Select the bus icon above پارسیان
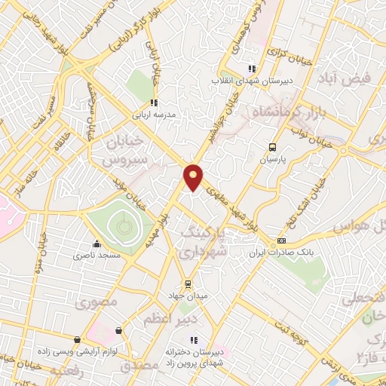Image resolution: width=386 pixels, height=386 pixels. click(271, 148)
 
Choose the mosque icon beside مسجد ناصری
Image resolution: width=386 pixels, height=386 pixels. click(96, 244)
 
